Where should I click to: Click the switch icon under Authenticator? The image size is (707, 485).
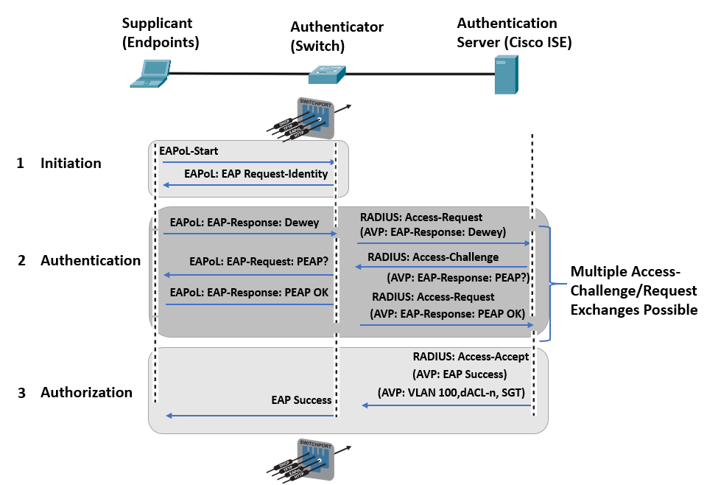(327, 74)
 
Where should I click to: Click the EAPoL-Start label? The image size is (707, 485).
(189, 150)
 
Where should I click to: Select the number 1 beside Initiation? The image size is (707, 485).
(21, 163)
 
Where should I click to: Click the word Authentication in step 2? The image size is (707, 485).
(90, 260)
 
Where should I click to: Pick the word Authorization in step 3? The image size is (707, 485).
(86, 392)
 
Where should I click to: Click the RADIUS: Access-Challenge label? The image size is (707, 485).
(432, 257)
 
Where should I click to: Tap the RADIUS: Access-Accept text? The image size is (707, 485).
(471, 357)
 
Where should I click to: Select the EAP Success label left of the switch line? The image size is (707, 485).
(301, 400)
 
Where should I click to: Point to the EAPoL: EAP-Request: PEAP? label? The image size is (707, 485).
(258, 261)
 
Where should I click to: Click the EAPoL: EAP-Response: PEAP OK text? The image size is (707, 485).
(249, 292)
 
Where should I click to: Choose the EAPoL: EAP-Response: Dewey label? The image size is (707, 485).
(244, 221)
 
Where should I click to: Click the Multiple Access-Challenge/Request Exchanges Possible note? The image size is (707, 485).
(633, 290)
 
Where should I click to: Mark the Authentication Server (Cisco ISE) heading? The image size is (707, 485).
(513, 32)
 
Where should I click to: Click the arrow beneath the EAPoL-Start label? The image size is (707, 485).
(247, 162)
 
